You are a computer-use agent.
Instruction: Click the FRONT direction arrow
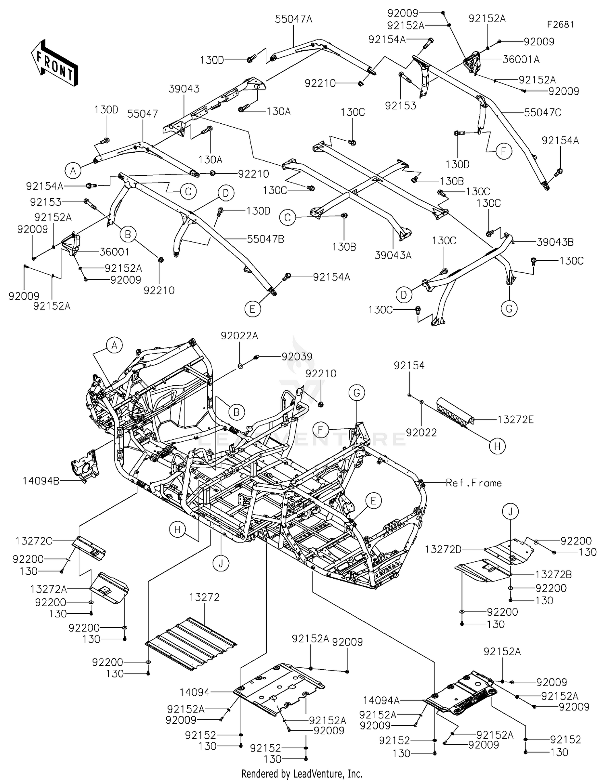(54, 62)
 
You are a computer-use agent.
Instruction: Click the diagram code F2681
(560, 24)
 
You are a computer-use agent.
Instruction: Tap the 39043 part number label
(184, 89)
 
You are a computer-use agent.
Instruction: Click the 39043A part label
(393, 255)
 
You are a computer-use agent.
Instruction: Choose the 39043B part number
(555, 242)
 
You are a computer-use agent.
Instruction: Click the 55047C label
(542, 112)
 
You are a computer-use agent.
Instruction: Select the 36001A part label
(521, 59)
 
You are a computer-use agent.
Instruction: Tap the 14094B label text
(41, 480)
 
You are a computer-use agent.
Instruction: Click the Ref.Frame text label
(474, 483)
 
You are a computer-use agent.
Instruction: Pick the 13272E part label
(515, 420)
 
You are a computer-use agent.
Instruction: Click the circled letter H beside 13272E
(497, 446)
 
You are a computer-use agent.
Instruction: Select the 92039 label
(297, 357)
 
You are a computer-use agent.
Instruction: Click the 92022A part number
(239, 336)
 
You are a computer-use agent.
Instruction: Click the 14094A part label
(381, 701)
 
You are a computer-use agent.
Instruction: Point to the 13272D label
(443, 549)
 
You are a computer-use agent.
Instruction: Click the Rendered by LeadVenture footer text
(302, 773)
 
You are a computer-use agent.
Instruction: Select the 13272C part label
(34, 541)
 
